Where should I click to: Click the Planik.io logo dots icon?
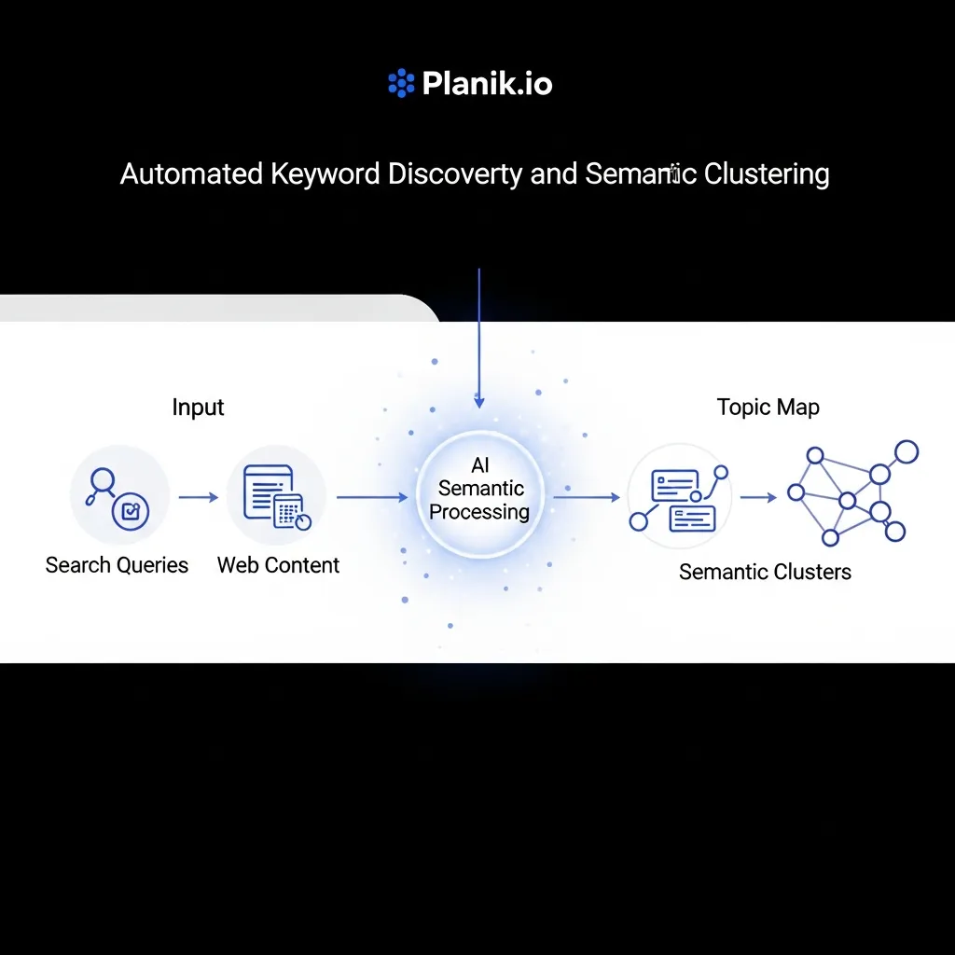click(400, 84)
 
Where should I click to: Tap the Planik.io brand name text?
click(487, 84)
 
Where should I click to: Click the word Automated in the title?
click(192, 174)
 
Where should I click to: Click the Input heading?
click(198, 408)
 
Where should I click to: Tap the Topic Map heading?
click(768, 408)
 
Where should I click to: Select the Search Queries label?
click(117, 565)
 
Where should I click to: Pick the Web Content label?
click(278, 565)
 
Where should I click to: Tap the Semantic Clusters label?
click(765, 572)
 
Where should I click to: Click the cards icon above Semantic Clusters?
click(678, 497)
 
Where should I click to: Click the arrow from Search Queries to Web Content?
click(198, 497)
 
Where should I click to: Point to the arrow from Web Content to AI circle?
click(372, 497)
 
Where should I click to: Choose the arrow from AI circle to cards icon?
click(587, 497)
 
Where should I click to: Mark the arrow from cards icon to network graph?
click(758, 497)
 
